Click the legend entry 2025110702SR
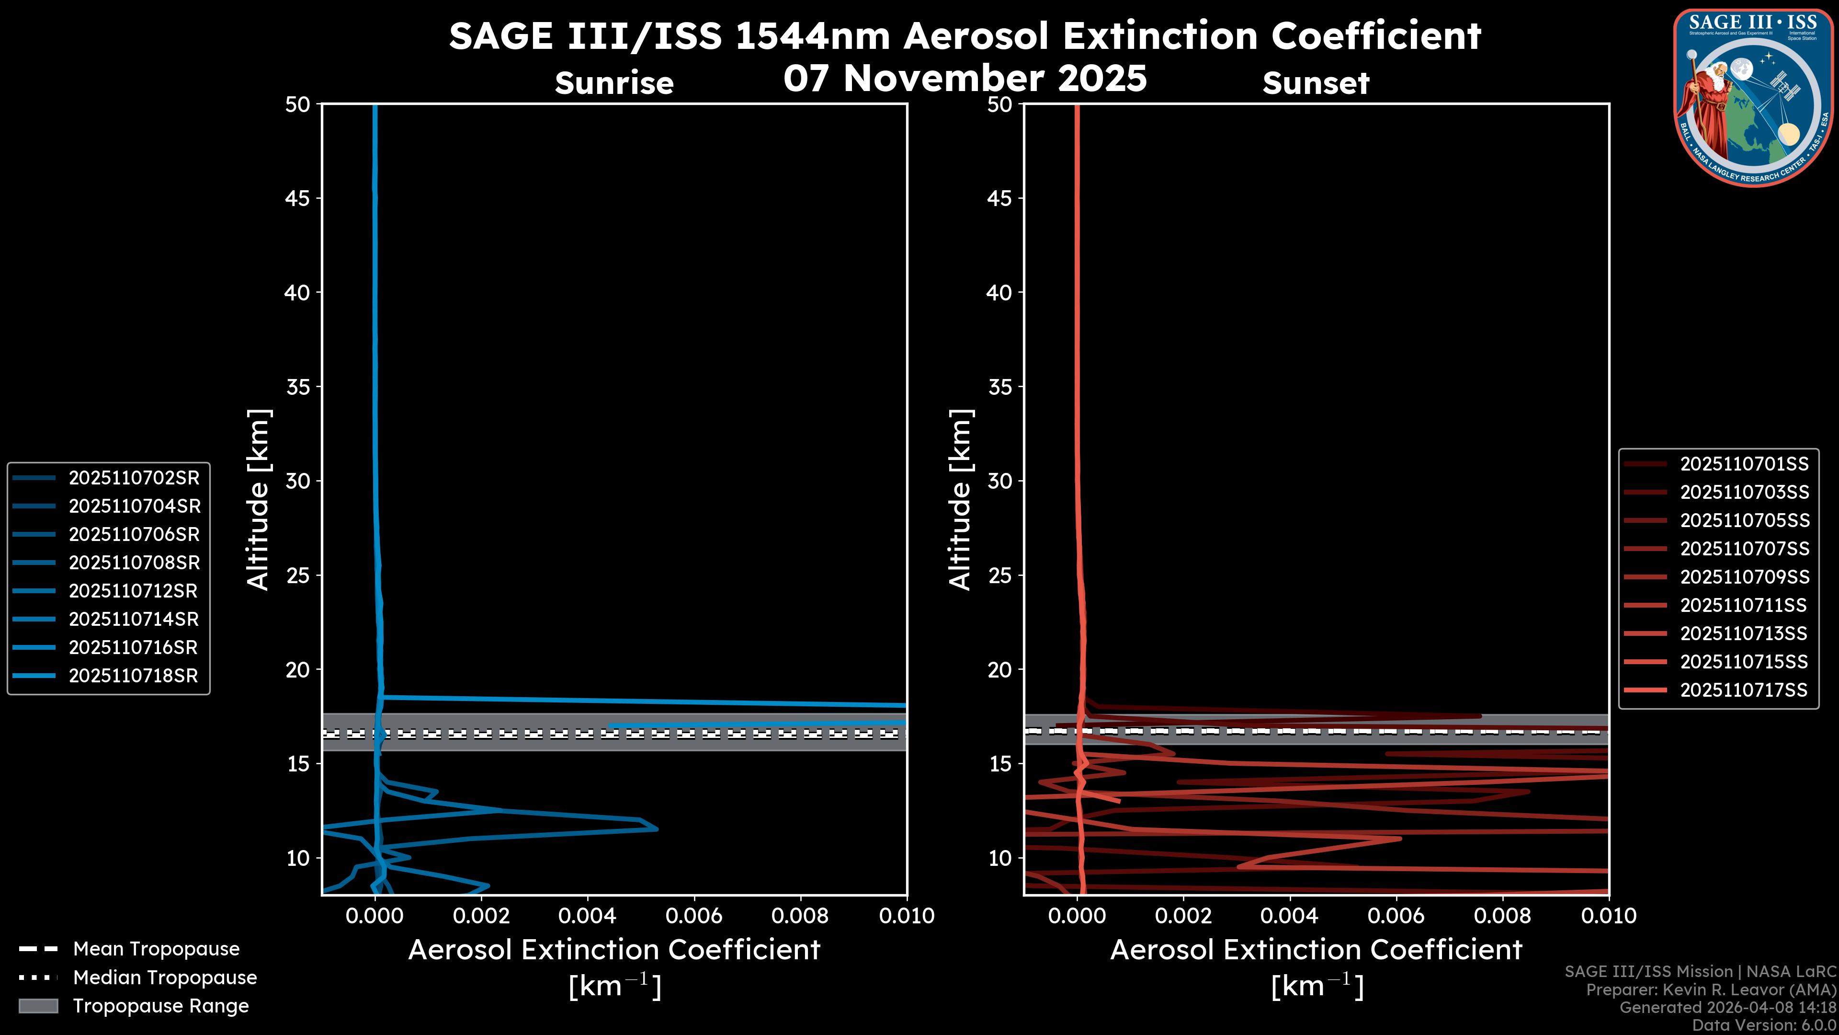[134, 478]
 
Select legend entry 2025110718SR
[134, 676]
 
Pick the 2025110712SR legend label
[134, 591]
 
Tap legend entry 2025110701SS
[1744, 464]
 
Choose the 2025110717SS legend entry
[1744, 690]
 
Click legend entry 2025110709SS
[1744, 577]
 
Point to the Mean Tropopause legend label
[156, 949]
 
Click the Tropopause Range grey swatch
[38, 1006]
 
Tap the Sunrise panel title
[614, 83]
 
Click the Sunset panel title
[1316, 83]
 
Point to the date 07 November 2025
[965, 79]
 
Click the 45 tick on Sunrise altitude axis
[298, 198]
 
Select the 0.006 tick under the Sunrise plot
[694, 916]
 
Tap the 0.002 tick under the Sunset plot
[1183, 916]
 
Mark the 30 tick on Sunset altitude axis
[999, 481]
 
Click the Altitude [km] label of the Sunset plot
[960, 500]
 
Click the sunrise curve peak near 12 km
[656, 828]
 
